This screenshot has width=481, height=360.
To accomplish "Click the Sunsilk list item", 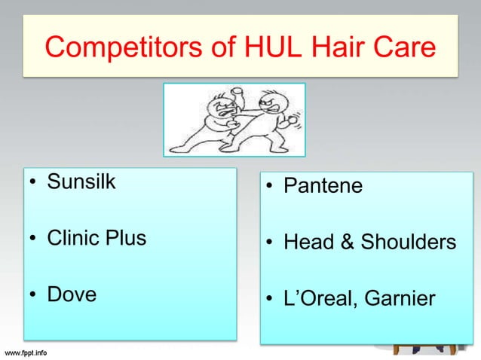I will (x=81, y=183).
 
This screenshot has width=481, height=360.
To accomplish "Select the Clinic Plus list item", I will (x=97, y=239).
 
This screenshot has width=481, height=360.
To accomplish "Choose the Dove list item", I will (x=72, y=294).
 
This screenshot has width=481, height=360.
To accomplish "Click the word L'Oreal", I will (x=317, y=299).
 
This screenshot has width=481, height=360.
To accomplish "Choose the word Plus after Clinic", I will (x=127, y=239).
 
